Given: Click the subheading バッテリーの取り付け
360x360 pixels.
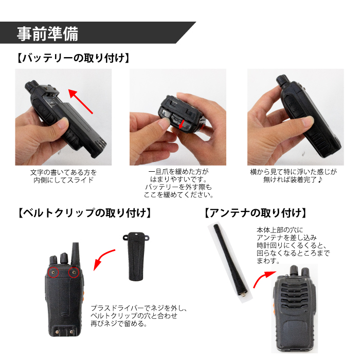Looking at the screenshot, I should click(x=71, y=58).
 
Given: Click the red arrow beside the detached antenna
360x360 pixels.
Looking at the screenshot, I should click(x=263, y=280).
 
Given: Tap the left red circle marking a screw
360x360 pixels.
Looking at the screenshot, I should click(x=52, y=272).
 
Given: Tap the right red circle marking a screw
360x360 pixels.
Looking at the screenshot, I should click(x=74, y=272).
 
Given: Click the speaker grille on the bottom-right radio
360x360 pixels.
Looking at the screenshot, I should click(x=293, y=301).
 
